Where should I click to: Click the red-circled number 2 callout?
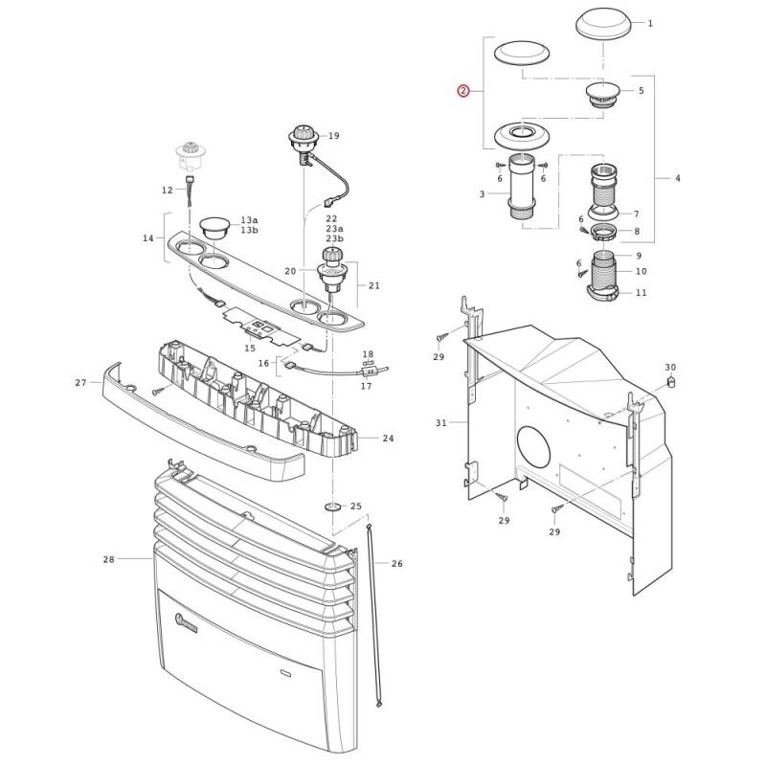(462, 91)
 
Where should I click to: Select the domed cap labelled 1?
(603, 26)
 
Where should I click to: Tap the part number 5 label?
(641, 90)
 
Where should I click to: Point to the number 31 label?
(441, 422)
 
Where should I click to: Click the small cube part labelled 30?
(671, 381)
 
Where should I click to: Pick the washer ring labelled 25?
(332, 507)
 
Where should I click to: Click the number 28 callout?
(108, 559)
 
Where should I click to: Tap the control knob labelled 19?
(304, 137)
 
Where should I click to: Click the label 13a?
(249, 220)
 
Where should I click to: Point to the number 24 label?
(388, 439)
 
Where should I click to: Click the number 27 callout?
(80, 382)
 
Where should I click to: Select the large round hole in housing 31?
(533, 446)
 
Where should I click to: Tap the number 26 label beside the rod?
(396, 564)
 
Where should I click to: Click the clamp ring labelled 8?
(603, 231)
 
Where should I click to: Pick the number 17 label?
(366, 386)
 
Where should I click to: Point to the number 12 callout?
(167, 190)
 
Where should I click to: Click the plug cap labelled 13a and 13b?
(214, 228)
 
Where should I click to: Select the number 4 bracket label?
(677, 178)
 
